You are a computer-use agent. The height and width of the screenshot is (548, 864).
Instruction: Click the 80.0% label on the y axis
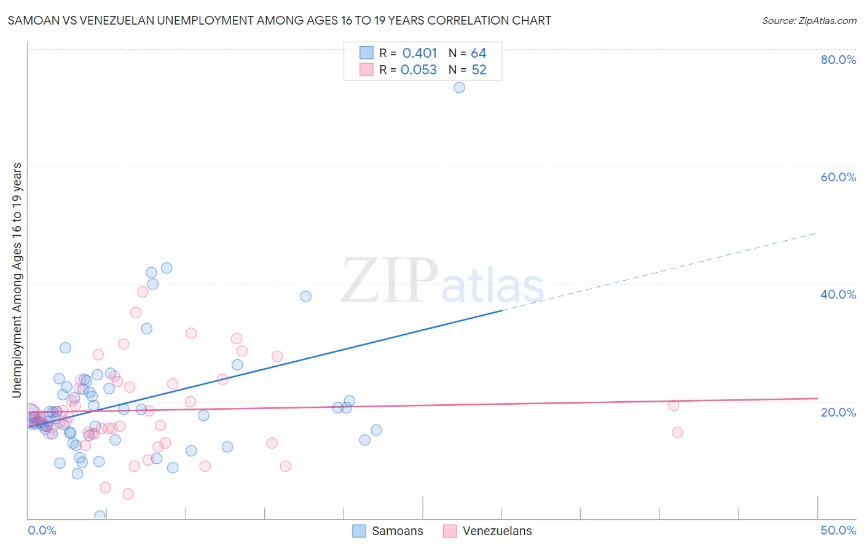point(838,60)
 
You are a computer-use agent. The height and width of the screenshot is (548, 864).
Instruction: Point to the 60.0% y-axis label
point(838,177)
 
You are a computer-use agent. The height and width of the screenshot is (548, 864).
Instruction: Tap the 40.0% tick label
point(838,294)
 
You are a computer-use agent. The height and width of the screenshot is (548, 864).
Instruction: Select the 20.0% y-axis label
point(838,412)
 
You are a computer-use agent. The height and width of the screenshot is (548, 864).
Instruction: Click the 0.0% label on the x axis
point(42,530)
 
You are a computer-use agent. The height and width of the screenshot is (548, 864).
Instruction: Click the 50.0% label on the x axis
point(838,530)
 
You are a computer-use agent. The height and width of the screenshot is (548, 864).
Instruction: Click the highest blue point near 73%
point(459,87)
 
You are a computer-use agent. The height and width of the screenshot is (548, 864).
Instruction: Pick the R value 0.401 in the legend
point(420,53)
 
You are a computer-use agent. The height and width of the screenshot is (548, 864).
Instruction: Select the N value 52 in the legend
point(479,70)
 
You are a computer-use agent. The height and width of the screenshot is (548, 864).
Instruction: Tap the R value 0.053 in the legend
point(418,70)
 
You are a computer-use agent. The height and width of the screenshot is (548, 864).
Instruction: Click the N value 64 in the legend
point(479,53)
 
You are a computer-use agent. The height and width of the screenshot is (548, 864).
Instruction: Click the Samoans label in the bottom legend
point(397,531)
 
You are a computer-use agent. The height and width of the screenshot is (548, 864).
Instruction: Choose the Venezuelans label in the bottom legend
point(497,531)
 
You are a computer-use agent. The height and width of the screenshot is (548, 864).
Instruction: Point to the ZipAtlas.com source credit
point(809,20)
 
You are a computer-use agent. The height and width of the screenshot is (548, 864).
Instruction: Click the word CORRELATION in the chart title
point(469,20)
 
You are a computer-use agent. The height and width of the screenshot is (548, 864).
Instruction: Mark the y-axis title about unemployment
point(17,280)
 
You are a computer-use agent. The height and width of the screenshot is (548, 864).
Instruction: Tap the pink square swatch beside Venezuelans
point(450,531)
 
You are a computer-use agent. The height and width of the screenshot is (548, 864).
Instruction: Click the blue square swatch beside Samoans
point(359,531)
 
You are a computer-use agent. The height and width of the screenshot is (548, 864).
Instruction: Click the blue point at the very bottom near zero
point(100,515)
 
